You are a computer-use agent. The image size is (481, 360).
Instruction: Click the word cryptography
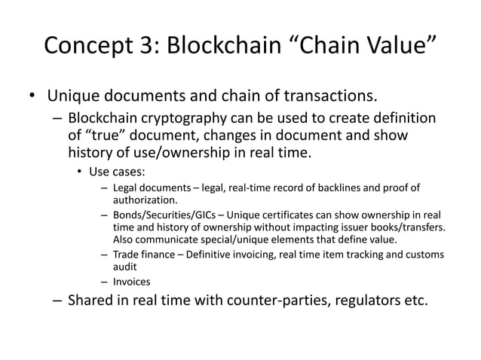(x=191, y=120)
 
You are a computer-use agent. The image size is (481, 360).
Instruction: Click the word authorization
(x=146, y=200)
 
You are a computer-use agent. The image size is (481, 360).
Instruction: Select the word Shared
(x=91, y=302)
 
